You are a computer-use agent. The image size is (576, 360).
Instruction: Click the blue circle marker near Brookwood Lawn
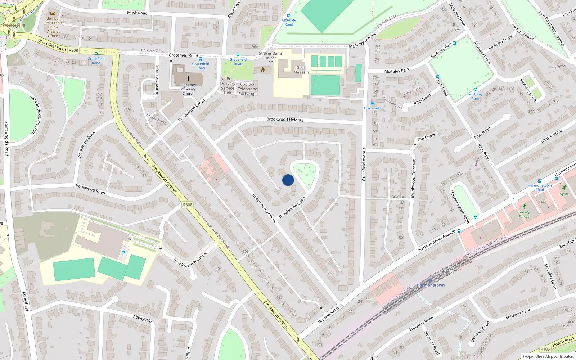click(x=288, y=180)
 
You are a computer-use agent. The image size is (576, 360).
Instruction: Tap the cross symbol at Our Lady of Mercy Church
click(x=188, y=78)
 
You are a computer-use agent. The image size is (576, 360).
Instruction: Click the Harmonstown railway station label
click(x=431, y=285)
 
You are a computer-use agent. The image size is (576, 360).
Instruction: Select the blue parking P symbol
click(x=123, y=253)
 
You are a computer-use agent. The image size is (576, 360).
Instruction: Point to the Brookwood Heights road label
click(x=285, y=120)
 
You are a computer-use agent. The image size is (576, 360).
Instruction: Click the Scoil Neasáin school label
click(x=301, y=70)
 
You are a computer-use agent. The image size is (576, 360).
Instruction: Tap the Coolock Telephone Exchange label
click(x=248, y=89)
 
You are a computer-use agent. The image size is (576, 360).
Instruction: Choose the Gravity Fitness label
click(x=524, y=215)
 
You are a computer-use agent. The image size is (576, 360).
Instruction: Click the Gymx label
click(x=564, y=194)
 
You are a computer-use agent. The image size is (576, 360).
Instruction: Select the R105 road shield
click(x=545, y=349)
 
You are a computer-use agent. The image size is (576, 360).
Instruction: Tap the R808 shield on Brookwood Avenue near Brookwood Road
click(x=188, y=205)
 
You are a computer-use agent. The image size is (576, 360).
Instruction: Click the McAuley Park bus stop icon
click(x=475, y=90)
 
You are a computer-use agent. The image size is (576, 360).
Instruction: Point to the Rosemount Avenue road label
click(x=264, y=208)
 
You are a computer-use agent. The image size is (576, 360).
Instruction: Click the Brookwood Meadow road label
click(x=190, y=260)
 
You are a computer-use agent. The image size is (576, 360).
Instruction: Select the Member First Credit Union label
click(x=53, y=27)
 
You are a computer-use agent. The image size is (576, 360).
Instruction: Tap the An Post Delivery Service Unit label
click(x=228, y=86)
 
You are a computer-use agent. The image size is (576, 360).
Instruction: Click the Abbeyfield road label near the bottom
click(x=143, y=318)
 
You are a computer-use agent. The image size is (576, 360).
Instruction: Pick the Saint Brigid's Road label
click(x=6, y=139)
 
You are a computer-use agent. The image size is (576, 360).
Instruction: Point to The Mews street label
click(x=426, y=138)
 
